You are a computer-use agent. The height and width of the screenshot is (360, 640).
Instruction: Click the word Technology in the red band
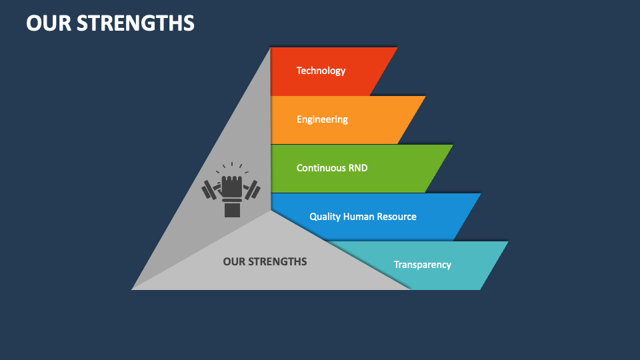[x=321, y=71]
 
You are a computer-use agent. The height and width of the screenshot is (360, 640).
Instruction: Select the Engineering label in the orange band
[x=322, y=119]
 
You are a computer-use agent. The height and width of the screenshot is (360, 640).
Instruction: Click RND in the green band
[x=358, y=168]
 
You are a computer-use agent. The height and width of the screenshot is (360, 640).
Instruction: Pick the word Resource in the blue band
[x=397, y=217]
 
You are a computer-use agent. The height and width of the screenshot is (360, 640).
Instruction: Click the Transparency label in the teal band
[x=422, y=265]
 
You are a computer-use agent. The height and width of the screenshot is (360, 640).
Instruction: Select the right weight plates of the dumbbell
[x=252, y=190]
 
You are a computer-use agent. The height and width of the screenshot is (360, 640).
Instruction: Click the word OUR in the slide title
[x=48, y=23]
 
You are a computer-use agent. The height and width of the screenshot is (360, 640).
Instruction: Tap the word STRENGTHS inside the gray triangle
[x=277, y=261]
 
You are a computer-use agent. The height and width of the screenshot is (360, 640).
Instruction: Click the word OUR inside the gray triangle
[x=234, y=261]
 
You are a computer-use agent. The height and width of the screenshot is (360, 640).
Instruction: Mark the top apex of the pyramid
[x=270, y=48]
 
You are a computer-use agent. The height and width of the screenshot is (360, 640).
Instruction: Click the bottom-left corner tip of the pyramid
[x=133, y=289]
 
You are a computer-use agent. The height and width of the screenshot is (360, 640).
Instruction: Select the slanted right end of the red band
[x=383, y=71]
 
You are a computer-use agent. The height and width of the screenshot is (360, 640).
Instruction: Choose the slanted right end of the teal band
[x=493, y=265]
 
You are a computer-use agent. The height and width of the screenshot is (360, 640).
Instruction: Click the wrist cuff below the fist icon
[x=232, y=209]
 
